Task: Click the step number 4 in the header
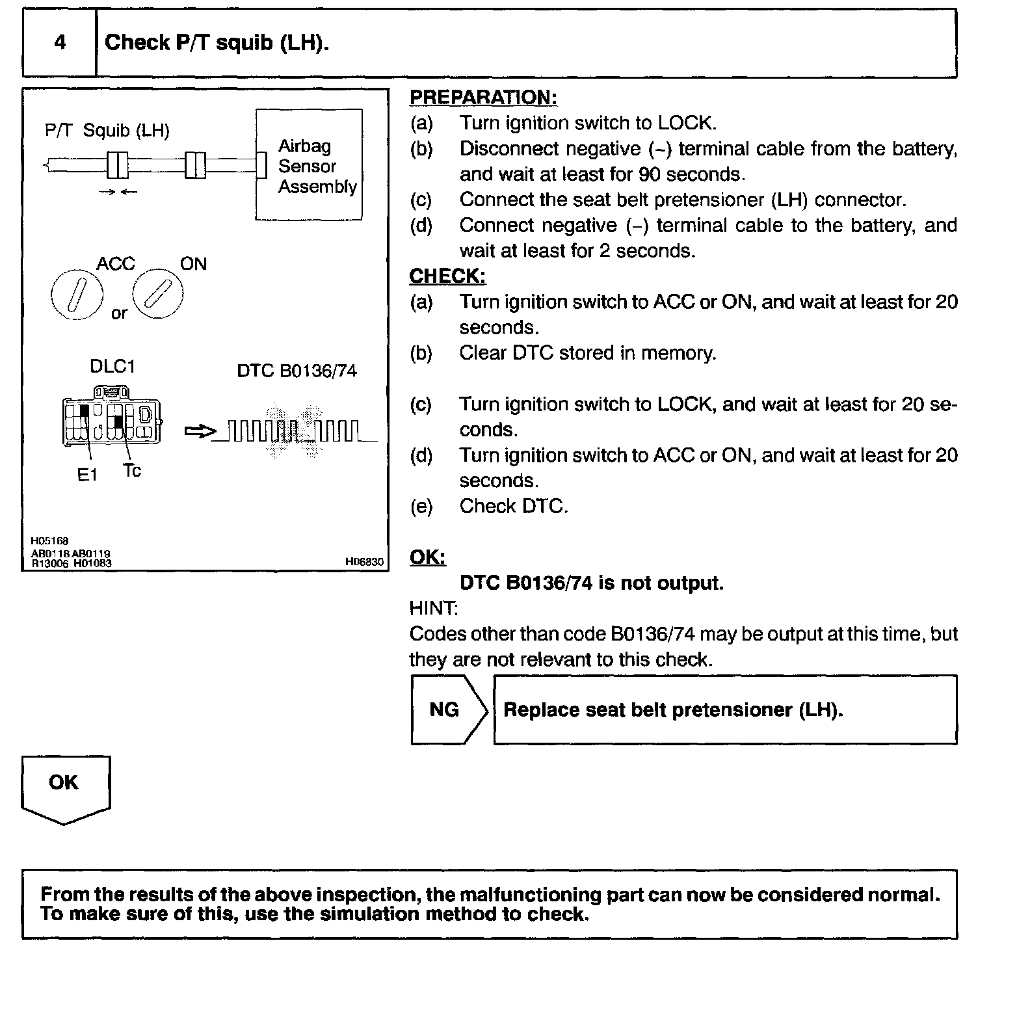[x=60, y=44]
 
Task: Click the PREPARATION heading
[x=483, y=98]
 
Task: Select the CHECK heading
[x=447, y=276]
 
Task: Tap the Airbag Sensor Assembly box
[x=309, y=165]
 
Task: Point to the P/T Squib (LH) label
[x=107, y=131]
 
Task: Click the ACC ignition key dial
[x=77, y=295]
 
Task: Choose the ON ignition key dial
[x=158, y=294]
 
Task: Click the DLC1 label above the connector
[x=112, y=367]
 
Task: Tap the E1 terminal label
[x=87, y=475]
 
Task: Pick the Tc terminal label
[x=132, y=471]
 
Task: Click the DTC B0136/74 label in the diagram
[x=297, y=371]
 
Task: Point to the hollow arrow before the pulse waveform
[x=199, y=431]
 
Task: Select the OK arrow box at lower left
[x=64, y=786]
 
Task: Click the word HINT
[x=433, y=609]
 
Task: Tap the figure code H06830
[x=364, y=562]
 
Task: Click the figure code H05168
[x=50, y=541]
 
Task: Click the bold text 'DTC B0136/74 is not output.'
[x=591, y=583]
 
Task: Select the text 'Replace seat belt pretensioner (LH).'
[x=673, y=709]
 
